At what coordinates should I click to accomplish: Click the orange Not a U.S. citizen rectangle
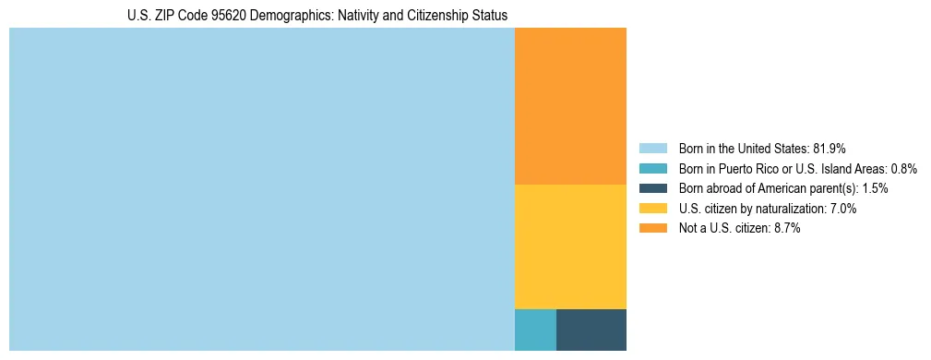click(x=570, y=106)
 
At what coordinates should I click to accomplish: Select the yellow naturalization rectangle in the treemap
click(x=570, y=246)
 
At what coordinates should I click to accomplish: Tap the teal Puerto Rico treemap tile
click(x=535, y=330)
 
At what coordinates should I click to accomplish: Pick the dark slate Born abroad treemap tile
click(x=591, y=330)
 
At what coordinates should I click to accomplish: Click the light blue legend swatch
click(x=652, y=148)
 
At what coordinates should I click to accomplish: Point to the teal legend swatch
click(x=652, y=168)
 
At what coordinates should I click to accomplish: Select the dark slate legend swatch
click(x=652, y=188)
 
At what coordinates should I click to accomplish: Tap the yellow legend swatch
click(x=652, y=209)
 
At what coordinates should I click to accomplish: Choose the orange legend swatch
click(x=652, y=229)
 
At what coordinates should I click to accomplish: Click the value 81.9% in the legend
click(x=830, y=148)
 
